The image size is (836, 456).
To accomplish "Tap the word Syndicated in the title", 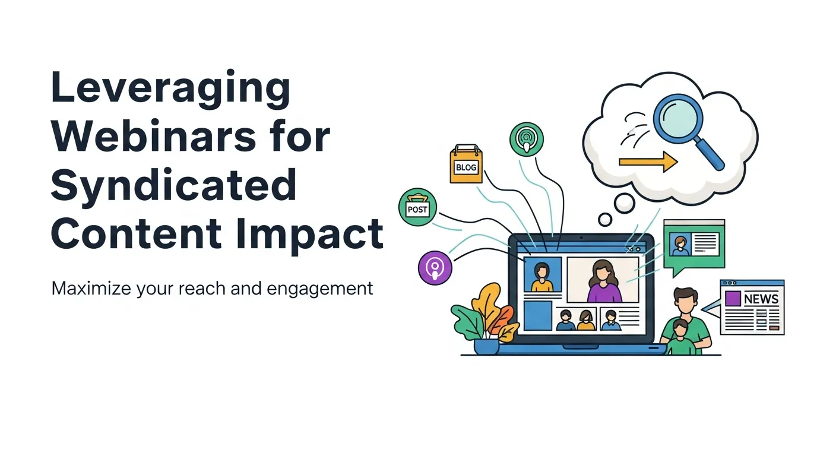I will click(x=173, y=185).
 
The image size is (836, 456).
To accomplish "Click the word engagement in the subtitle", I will click(x=320, y=289).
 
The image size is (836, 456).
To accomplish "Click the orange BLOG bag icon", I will click(x=466, y=164).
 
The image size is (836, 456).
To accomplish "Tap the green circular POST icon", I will click(x=417, y=208).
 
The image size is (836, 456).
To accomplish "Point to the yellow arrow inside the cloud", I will click(x=648, y=161).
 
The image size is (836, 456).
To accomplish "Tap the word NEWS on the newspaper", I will click(x=761, y=299).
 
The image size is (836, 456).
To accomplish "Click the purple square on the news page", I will click(x=733, y=299).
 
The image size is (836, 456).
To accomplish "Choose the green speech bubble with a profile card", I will click(x=693, y=245).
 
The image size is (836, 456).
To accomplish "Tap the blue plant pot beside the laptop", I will click(x=486, y=346).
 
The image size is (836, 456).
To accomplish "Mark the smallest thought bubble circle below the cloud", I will click(x=605, y=220).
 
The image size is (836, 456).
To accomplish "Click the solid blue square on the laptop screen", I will click(x=538, y=315).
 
